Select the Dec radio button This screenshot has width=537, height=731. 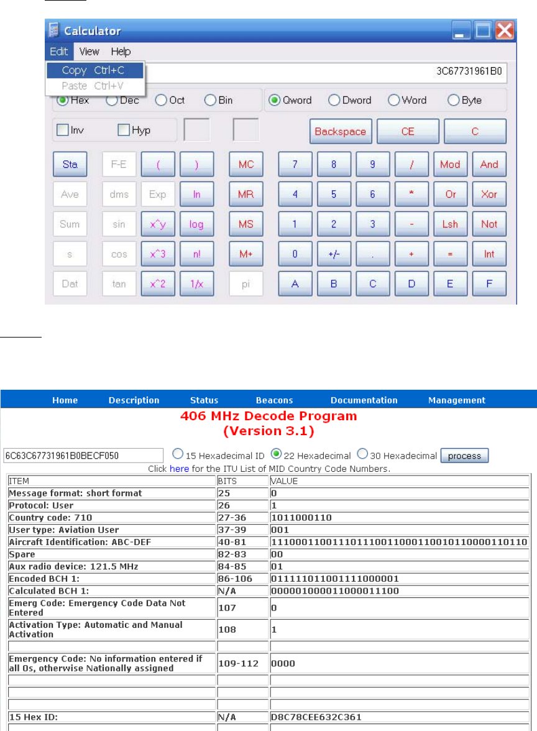(x=112, y=100)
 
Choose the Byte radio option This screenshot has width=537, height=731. (x=453, y=100)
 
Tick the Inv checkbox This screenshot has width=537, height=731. (x=63, y=131)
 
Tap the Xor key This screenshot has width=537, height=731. (x=489, y=194)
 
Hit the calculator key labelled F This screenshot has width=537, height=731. (x=489, y=283)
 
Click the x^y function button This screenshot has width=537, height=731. (x=158, y=224)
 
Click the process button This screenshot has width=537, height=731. (x=464, y=456)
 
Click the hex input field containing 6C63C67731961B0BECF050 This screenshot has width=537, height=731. (x=82, y=456)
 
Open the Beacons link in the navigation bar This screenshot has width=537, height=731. (x=274, y=400)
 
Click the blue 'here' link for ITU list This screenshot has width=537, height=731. (x=179, y=469)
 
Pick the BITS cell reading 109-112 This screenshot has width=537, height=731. (x=233, y=663)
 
